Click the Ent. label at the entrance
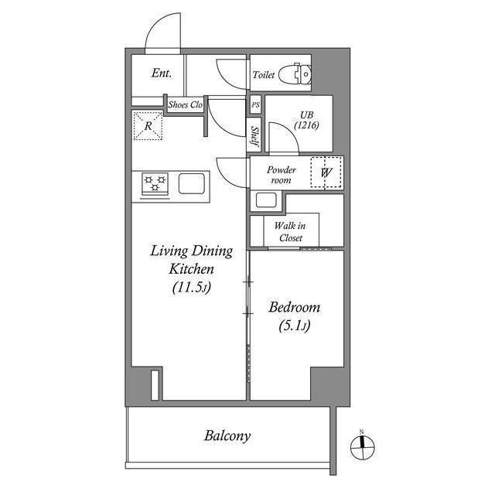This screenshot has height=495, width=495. click(161, 73)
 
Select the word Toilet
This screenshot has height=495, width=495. click(265, 76)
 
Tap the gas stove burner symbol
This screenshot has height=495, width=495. click(155, 185)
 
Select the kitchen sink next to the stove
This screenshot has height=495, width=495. click(192, 184)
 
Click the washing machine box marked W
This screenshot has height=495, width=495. click(326, 172)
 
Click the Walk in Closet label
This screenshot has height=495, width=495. click(290, 232)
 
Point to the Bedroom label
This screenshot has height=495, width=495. click(294, 308)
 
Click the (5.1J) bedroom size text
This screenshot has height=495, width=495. click(294, 326)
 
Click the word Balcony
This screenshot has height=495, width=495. click(227, 435)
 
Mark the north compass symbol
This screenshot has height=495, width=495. click(361, 444)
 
